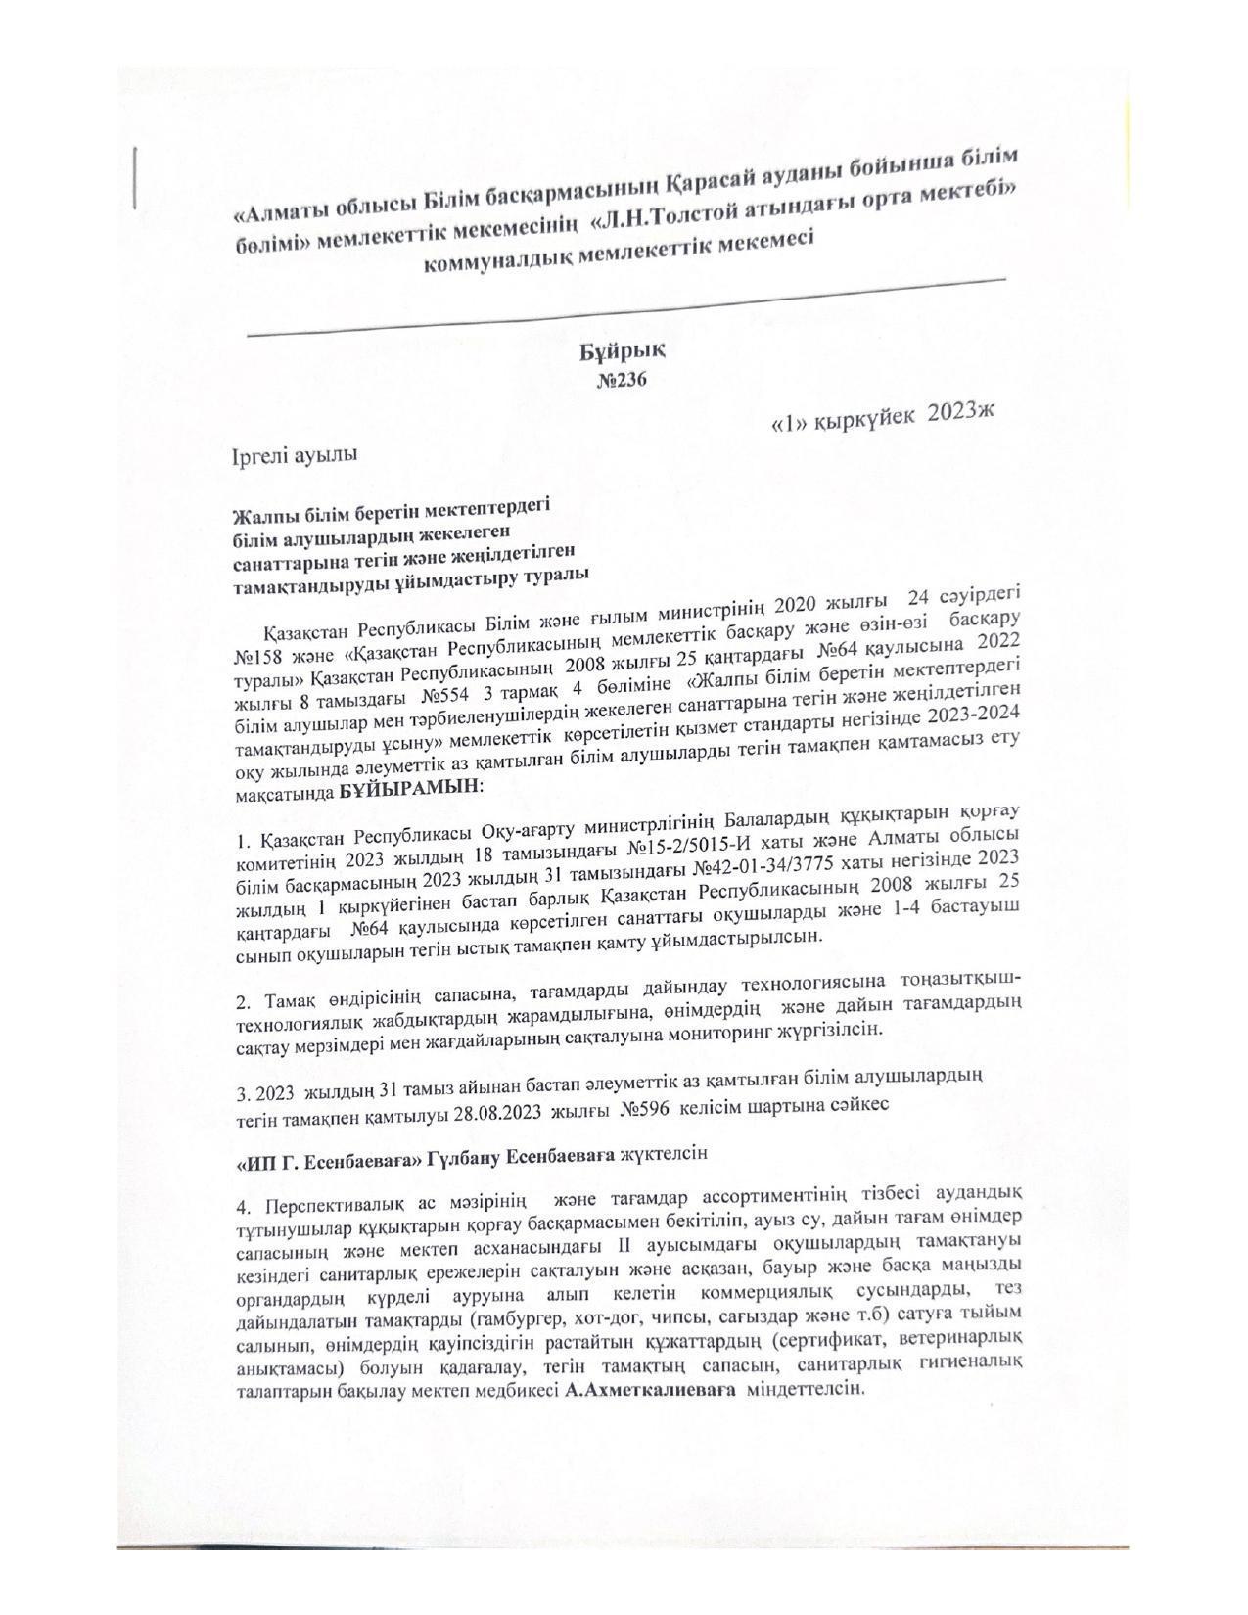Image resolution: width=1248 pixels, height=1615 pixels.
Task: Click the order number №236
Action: (622, 379)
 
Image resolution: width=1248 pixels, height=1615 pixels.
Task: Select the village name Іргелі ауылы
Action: (295, 455)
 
